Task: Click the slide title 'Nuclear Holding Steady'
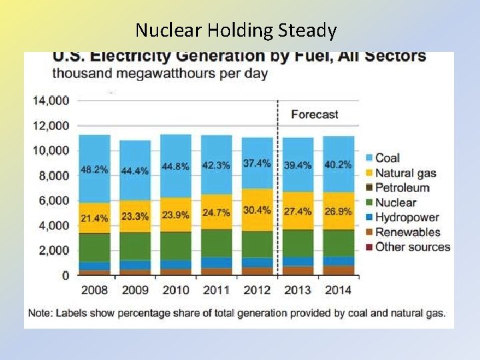(236, 30)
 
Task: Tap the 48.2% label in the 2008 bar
(94, 170)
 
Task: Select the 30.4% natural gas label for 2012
(257, 210)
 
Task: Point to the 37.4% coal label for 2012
(257, 163)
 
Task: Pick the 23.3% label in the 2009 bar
(135, 217)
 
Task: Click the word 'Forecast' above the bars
(315, 115)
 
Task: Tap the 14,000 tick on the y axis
(51, 101)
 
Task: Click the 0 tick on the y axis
(65, 275)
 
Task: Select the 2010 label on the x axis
(175, 290)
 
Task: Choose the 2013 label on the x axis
(298, 290)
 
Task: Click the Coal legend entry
(387, 158)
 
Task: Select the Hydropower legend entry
(406, 217)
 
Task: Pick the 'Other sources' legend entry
(412, 247)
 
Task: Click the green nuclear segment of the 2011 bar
(217, 243)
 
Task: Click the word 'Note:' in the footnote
(41, 313)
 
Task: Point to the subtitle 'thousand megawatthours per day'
(160, 73)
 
